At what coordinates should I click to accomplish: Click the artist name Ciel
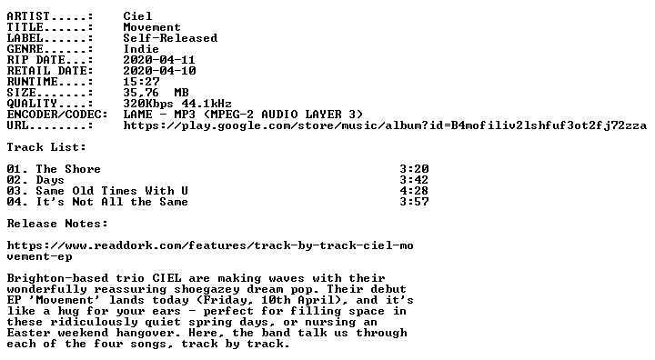(137, 16)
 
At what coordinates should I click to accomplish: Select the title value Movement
(152, 27)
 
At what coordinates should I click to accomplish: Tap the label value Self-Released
(170, 38)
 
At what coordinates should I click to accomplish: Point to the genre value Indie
(141, 49)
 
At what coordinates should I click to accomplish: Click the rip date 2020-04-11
(159, 60)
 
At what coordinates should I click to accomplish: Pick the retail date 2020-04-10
(159, 71)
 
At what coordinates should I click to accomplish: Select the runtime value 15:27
(141, 82)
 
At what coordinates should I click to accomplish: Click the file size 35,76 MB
(156, 93)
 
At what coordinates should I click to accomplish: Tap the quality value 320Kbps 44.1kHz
(177, 104)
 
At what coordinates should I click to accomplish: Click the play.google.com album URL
(385, 125)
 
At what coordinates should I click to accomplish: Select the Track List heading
(46, 147)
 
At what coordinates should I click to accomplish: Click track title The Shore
(68, 169)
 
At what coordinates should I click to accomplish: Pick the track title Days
(50, 180)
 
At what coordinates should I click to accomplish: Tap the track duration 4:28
(414, 190)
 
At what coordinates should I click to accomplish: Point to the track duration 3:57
(414, 201)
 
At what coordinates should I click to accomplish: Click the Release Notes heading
(57, 224)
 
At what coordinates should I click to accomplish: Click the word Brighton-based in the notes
(57, 277)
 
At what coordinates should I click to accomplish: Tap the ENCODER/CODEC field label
(57, 115)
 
